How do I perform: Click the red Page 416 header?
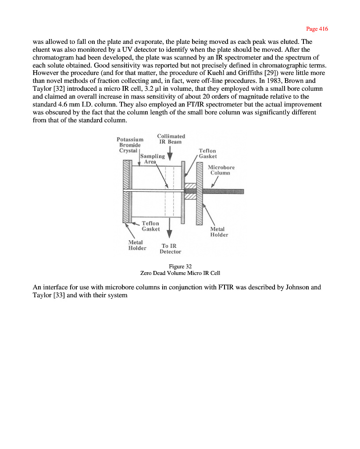tap(317, 29)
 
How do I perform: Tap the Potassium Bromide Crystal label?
tap(130, 145)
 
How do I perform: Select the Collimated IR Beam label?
tap(171, 139)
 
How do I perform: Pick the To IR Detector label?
tap(170, 249)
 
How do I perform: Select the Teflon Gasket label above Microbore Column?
tap(207, 153)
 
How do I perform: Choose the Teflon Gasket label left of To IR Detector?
tap(150, 226)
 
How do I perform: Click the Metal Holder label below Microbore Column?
tap(219, 232)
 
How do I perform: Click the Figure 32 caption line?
tap(180, 266)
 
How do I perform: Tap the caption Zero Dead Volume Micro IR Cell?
tap(180, 273)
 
